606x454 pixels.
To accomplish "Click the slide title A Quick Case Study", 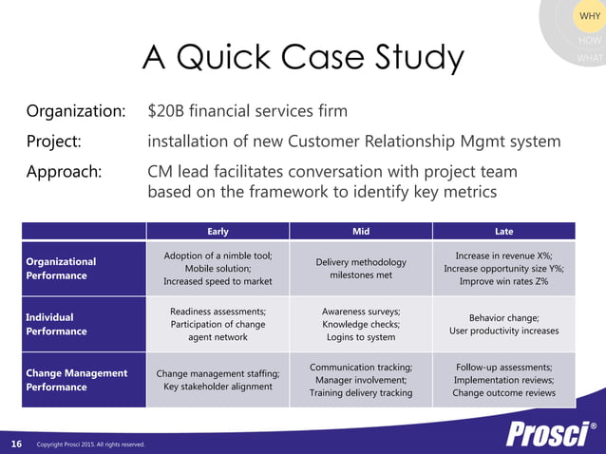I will point(303,59).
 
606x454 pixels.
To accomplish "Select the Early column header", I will point(218,231).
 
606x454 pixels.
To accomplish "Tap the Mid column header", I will point(361,231).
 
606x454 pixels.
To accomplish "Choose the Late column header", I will point(503,231).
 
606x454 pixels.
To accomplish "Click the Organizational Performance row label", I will point(61,268).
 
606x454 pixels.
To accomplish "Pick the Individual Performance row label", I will point(56,324).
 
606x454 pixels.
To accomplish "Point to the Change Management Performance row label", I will point(76,380).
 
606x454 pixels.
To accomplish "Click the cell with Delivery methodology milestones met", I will point(361,268).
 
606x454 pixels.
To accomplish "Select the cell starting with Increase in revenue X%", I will point(503,268).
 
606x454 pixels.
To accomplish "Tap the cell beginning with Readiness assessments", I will point(218,324).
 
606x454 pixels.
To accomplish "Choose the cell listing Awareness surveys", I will point(361,324).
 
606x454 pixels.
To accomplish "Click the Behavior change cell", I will point(503,324).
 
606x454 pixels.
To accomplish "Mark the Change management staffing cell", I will point(218,380).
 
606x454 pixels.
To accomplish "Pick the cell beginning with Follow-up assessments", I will point(503,380).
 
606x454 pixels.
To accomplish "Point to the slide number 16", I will point(16,444).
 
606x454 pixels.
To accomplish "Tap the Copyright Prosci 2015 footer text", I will point(90,445).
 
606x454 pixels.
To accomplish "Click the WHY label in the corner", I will point(588,17).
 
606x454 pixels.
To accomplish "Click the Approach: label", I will point(64,172).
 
